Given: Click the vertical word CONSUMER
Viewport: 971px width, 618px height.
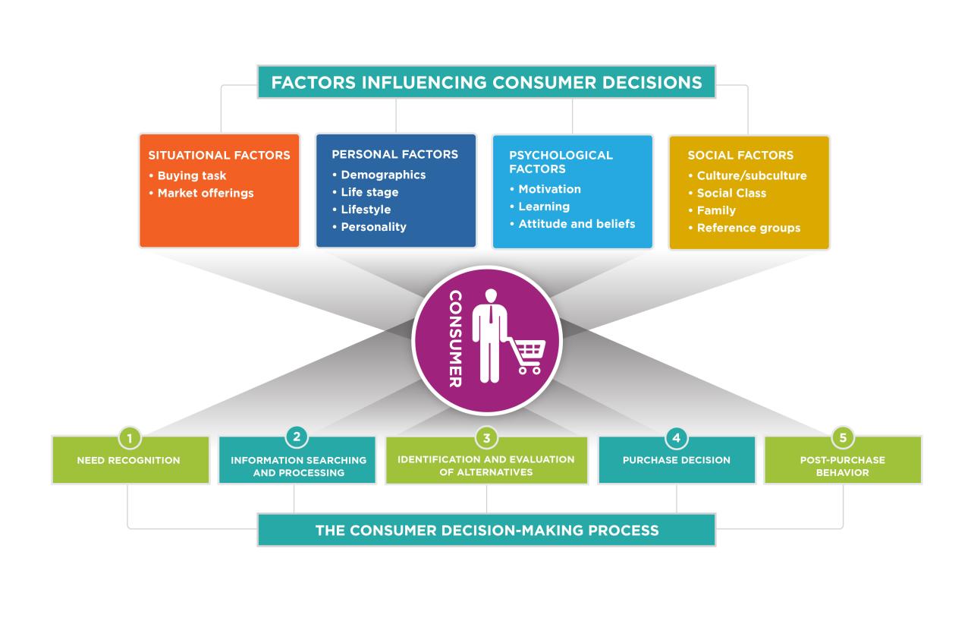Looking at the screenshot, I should pyautogui.click(x=455, y=339).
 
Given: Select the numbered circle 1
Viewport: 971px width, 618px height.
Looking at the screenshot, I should pyautogui.click(x=130, y=438).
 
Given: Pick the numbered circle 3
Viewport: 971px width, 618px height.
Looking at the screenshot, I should pyautogui.click(x=486, y=438).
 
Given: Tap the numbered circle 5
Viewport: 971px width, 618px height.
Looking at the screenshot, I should pyautogui.click(x=843, y=438).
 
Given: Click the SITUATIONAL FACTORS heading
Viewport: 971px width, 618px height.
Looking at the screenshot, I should pyautogui.click(x=219, y=155).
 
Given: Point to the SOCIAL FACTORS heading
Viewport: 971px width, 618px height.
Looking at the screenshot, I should pyautogui.click(x=740, y=155).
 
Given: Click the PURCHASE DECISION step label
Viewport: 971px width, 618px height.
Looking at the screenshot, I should pyautogui.click(x=677, y=460).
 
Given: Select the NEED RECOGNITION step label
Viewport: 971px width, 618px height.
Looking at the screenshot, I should pyautogui.click(x=129, y=460).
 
